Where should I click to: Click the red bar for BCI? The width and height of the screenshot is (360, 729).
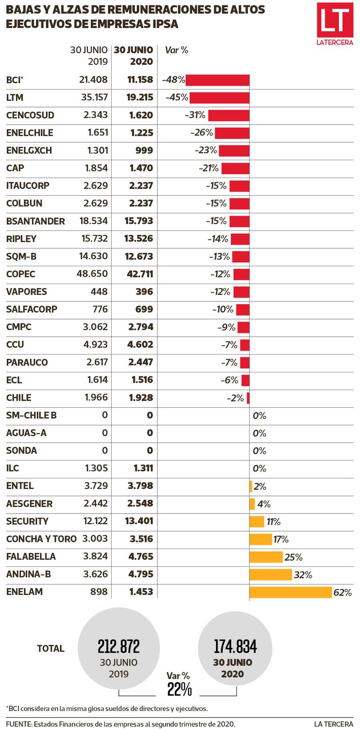click(217, 80)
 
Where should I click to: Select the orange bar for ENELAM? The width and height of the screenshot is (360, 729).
click(291, 592)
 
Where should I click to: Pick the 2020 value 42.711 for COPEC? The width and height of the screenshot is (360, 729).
click(140, 274)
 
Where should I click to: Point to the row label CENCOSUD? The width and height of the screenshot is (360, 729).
click(30, 115)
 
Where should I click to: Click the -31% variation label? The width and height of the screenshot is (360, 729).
click(195, 115)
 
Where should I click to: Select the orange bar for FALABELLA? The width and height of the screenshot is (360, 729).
click(266, 557)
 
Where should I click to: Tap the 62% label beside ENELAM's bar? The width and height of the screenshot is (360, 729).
click(342, 593)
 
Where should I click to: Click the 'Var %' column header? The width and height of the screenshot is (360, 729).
click(176, 50)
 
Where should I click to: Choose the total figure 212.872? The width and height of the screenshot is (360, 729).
click(119, 647)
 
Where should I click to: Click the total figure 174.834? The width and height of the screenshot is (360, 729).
click(235, 647)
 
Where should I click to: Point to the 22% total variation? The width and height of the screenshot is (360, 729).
click(180, 689)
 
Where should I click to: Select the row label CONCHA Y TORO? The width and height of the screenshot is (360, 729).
click(41, 539)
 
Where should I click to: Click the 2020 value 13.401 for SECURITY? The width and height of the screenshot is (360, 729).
click(139, 521)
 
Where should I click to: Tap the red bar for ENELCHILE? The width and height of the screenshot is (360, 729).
click(232, 133)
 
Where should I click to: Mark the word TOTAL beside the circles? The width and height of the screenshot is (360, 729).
click(51, 648)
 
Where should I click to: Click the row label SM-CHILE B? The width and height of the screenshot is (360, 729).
click(31, 415)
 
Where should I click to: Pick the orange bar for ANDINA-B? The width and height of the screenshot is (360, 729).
click(270, 575)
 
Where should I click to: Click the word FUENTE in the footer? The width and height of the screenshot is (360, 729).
click(18, 724)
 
